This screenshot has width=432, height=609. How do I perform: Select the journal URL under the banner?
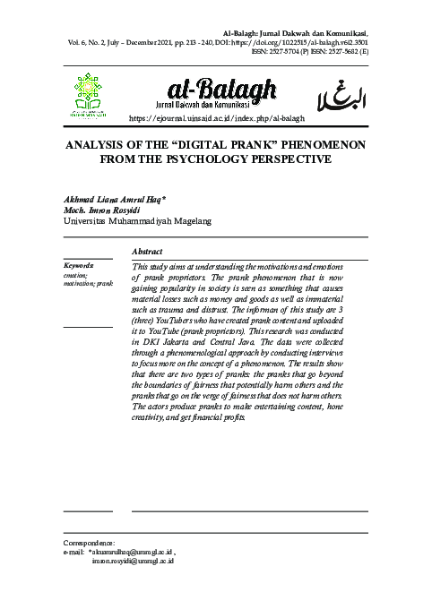pyautogui.click(x=219, y=118)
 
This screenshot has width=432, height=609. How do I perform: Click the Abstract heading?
pyautogui.click(x=148, y=252)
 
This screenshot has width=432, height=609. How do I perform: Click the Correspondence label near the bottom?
pyautogui.click(x=91, y=543)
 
